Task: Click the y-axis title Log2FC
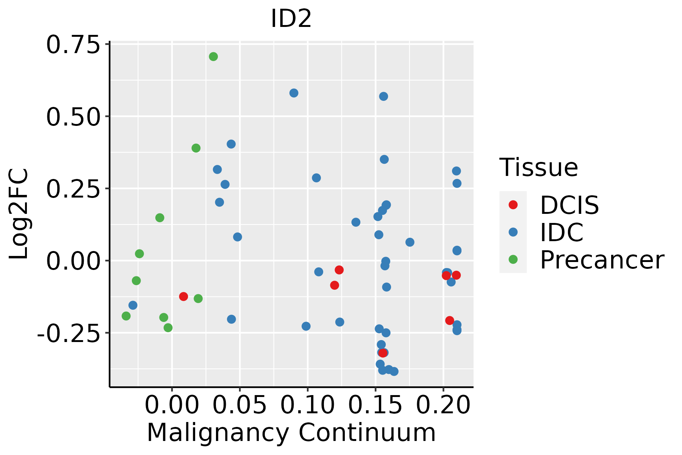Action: coord(19,214)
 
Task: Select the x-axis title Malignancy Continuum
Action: coord(291,433)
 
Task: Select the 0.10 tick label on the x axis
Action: coord(307,405)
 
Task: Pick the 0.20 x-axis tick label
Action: coord(443,405)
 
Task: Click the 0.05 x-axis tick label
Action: coord(239,405)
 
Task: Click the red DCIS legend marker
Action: coord(513,205)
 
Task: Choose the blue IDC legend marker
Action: coord(513,232)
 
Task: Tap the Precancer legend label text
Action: coord(602,260)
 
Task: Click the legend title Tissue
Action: coord(538,167)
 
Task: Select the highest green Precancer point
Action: coord(213,56)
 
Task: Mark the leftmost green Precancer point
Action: coord(126,316)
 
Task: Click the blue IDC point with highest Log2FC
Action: coord(294,93)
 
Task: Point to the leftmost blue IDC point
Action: coord(133,305)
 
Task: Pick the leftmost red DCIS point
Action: coord(183,297)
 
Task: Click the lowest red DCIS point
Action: coord(383,353)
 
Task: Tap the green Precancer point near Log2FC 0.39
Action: coord(196,148)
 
